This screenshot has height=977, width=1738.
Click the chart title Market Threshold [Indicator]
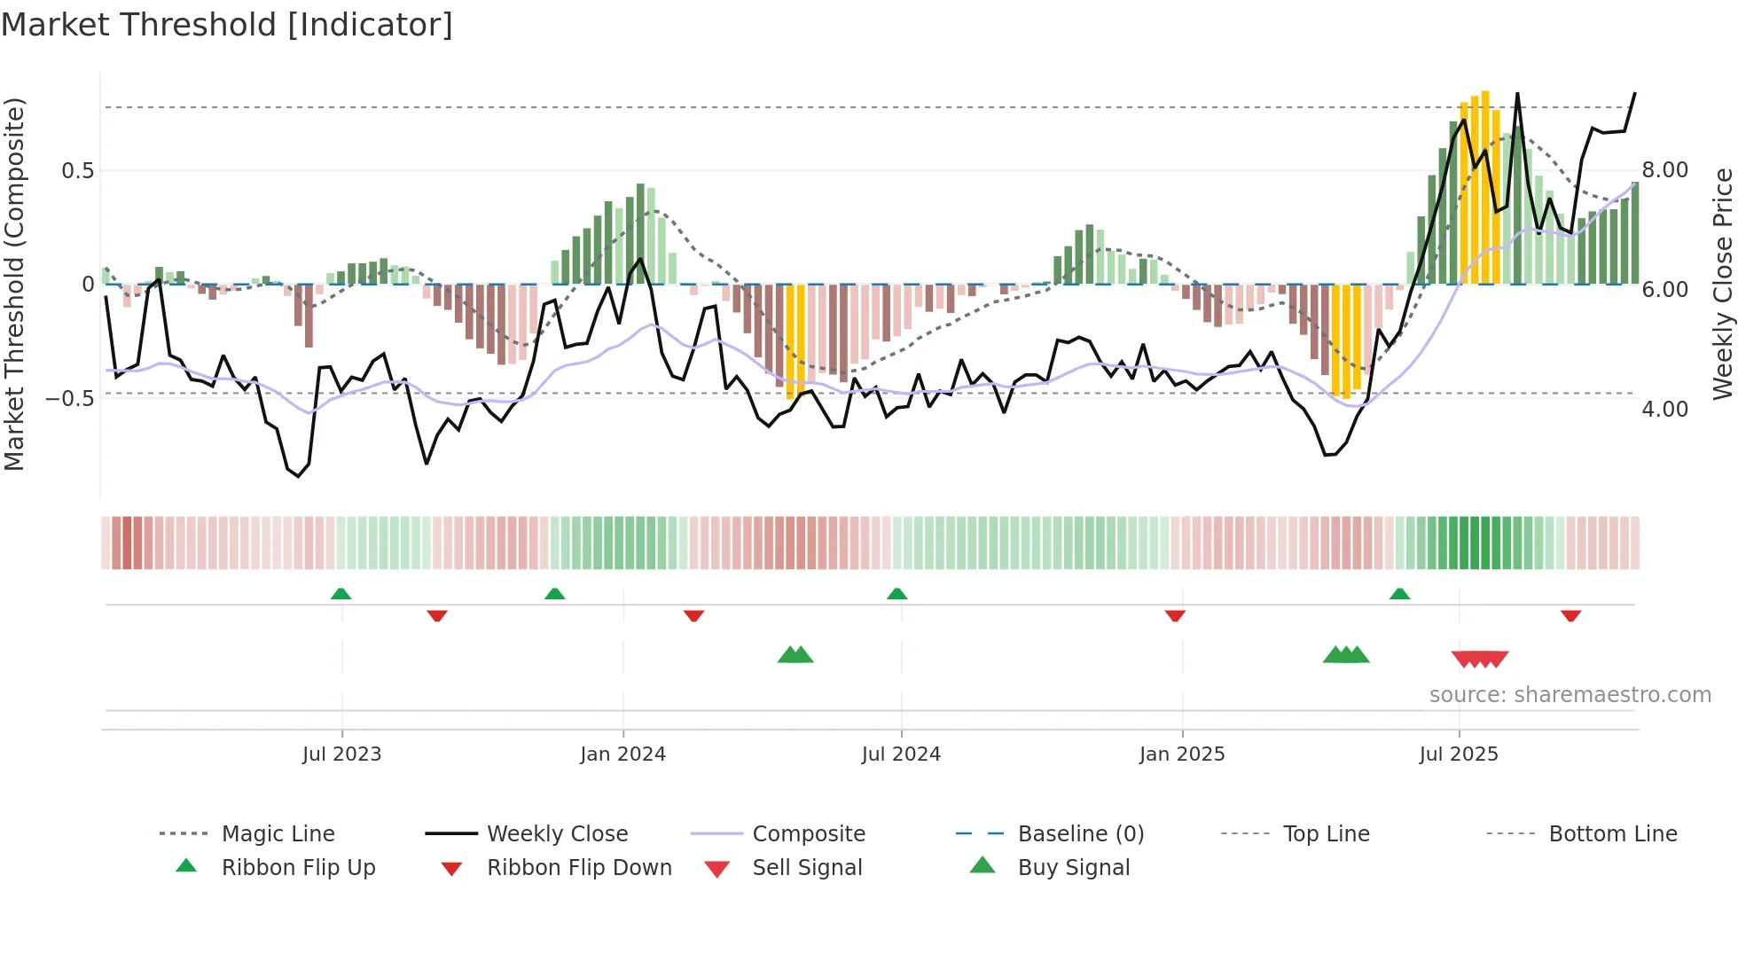point(227,25)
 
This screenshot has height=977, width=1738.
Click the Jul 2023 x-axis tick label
point(341,754)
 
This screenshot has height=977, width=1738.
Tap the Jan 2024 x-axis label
point(622,754)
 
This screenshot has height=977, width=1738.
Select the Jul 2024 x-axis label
point(901,754)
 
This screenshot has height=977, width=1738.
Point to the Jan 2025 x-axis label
point(1182,754)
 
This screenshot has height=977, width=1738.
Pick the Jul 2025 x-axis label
point(1459,754)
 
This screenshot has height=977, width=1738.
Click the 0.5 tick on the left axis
point(78,171)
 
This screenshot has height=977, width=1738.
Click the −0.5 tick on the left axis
point(71,399)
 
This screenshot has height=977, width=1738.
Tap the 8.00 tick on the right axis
point(1665,170)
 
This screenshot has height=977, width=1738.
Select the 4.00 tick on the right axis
point(1665,410)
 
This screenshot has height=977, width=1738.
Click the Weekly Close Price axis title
point(1722,284)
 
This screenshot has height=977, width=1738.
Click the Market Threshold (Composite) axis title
point(14,284)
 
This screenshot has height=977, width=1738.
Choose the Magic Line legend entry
point(278,834)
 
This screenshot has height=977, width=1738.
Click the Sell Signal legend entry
point(807,868)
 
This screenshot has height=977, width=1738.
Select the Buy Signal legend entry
point(1073,868)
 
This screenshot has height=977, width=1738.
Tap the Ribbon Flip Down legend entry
point(579,868)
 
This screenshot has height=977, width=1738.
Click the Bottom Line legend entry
point(1612,834)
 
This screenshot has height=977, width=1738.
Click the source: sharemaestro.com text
point(1570,695)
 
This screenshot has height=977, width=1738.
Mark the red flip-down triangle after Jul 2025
point(1570,615)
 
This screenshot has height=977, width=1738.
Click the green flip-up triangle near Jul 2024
point(896,594)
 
